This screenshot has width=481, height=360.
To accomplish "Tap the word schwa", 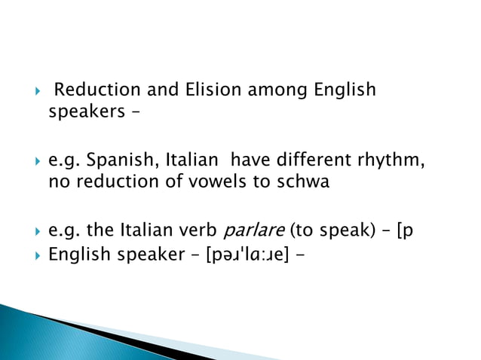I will click(x=302, y=182).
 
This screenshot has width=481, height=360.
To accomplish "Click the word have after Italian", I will click(x=247, y=160).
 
